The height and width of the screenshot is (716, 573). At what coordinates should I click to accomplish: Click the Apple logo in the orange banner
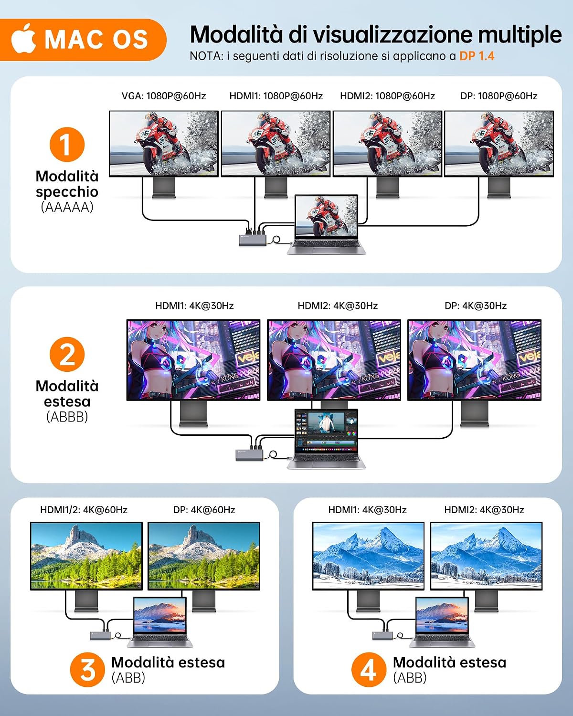tap(23, 39)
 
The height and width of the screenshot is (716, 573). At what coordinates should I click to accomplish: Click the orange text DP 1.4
tap(477, 56)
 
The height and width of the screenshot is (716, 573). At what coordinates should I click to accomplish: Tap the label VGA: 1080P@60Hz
tap(164, 96)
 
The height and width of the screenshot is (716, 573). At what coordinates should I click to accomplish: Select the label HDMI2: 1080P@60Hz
tap(387, 96)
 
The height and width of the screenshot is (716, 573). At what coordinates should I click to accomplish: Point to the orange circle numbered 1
tap(67, 145)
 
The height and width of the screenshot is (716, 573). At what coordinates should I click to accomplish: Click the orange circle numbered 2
tap(67, 354)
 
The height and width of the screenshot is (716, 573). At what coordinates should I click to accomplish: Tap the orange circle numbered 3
tap(87, 669)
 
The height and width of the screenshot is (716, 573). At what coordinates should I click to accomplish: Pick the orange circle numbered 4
tap(369, 669)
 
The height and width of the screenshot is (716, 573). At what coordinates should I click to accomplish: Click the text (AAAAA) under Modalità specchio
tap(67, 207)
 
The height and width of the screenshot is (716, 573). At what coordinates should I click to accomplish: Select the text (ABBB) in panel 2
tap(67, 417)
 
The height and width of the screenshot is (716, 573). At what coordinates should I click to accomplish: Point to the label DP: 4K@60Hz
tap(204, 510)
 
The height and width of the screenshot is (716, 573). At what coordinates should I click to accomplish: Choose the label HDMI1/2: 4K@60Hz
tap(84, 510)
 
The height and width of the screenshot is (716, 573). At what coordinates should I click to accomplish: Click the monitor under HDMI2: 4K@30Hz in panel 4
tap(486, 556)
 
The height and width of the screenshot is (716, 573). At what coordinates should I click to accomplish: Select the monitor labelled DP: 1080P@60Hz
tap(499, 144)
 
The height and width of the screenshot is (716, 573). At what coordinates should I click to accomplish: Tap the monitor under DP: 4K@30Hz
tap(475, 360)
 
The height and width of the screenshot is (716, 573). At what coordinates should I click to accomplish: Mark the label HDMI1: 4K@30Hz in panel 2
tap(194, 306)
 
